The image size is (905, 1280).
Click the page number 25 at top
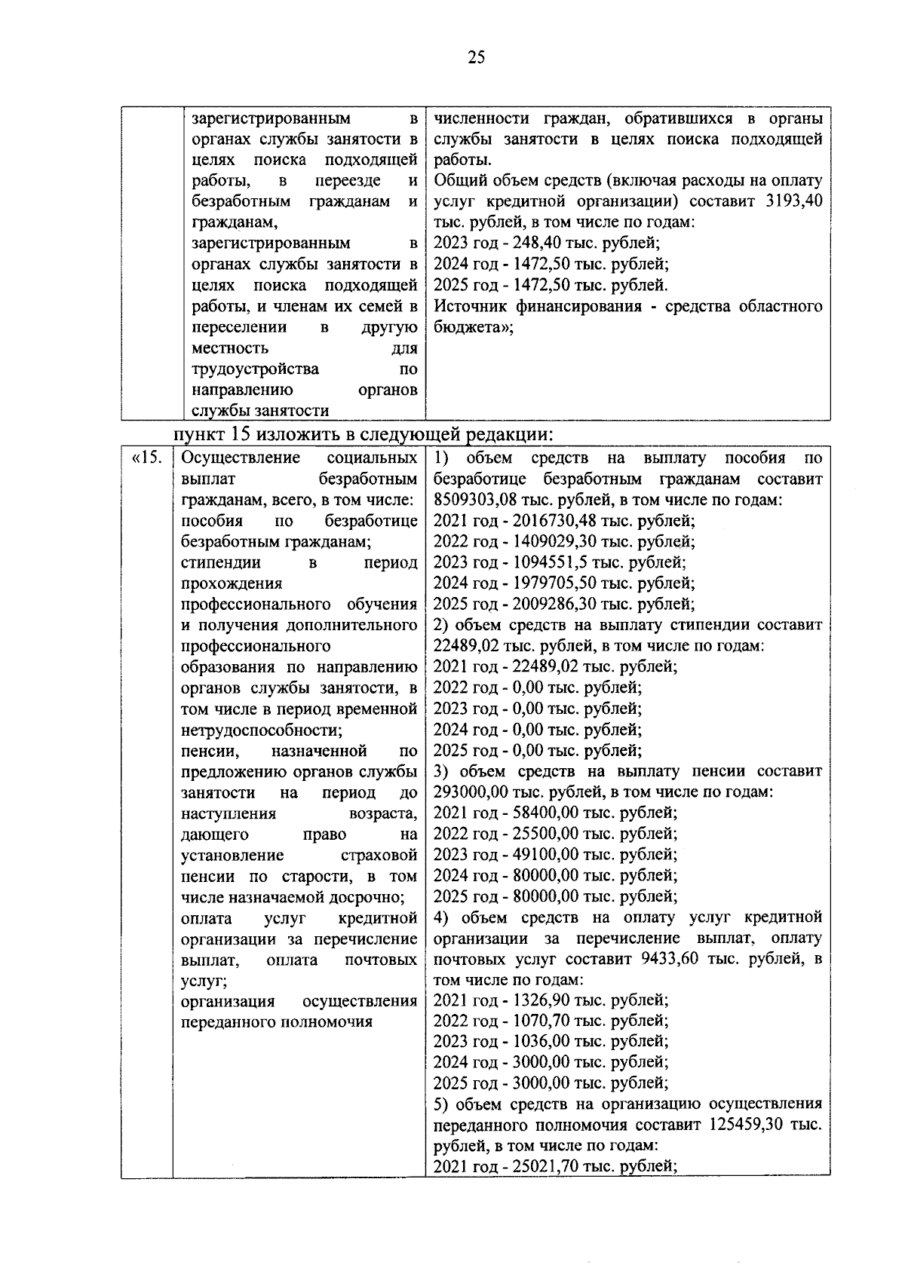[x=476, y=58]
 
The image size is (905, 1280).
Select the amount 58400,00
[x=543, y=813]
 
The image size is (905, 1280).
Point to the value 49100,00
[x=543, y=855]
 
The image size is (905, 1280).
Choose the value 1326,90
[x=538, y=1000]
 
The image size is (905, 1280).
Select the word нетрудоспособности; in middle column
[x=262, y=730]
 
